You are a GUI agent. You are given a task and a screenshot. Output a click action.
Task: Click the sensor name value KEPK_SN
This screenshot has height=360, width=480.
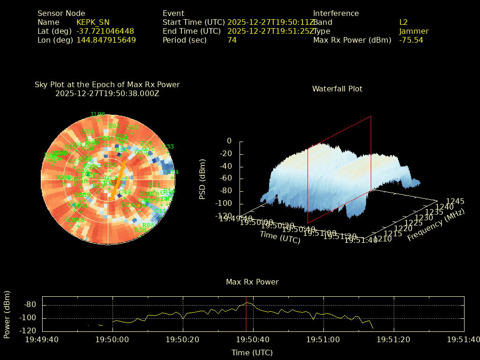(93, 22)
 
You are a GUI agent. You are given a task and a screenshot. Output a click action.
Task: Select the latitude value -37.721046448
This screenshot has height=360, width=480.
(105, 31)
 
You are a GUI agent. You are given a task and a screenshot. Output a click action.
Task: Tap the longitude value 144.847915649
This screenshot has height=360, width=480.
(106, 40)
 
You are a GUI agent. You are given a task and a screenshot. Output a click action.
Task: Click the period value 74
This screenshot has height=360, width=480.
(232, 40)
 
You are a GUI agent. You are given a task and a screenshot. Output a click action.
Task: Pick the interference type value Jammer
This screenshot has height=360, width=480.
(413, 31)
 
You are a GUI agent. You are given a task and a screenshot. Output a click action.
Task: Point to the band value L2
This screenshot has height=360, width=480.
(403, 22)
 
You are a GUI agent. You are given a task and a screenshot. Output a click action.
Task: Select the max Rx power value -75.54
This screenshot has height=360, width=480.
(411, 40)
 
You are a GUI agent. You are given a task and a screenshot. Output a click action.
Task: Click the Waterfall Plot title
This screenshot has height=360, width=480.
(337, 89)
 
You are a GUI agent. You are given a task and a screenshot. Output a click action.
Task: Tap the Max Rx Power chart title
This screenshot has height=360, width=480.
(252, 282)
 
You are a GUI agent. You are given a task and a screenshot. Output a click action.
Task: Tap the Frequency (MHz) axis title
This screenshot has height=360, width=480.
(435, 225)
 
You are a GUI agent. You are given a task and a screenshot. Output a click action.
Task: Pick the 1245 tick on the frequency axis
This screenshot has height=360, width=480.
(455, 202)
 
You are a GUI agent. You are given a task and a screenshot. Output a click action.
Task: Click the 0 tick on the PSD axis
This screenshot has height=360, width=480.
(229, 141)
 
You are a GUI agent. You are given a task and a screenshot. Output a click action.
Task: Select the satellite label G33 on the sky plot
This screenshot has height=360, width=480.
(167, 147)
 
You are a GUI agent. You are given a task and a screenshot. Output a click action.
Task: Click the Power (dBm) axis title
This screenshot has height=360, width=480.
(7, 314)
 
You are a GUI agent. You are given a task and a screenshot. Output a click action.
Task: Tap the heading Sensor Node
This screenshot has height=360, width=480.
(61, 13)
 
